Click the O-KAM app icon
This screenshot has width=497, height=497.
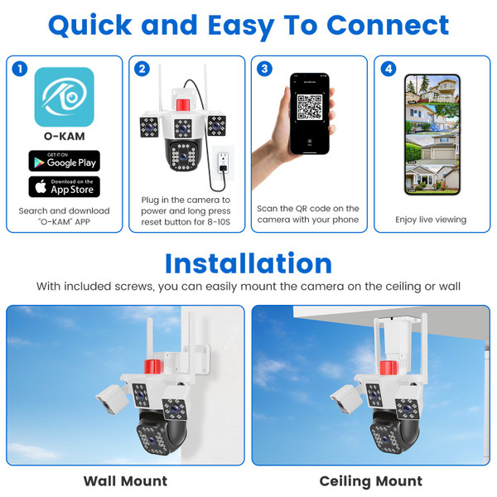63,98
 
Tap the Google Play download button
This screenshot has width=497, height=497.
64,161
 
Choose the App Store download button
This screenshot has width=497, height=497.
64,186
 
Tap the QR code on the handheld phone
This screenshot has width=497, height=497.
309,109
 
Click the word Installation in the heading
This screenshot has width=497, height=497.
248,263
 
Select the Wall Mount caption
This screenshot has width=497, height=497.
125,480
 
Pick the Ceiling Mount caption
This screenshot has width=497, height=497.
370,480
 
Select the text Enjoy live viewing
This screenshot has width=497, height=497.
432,220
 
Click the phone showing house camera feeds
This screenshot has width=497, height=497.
431,134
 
